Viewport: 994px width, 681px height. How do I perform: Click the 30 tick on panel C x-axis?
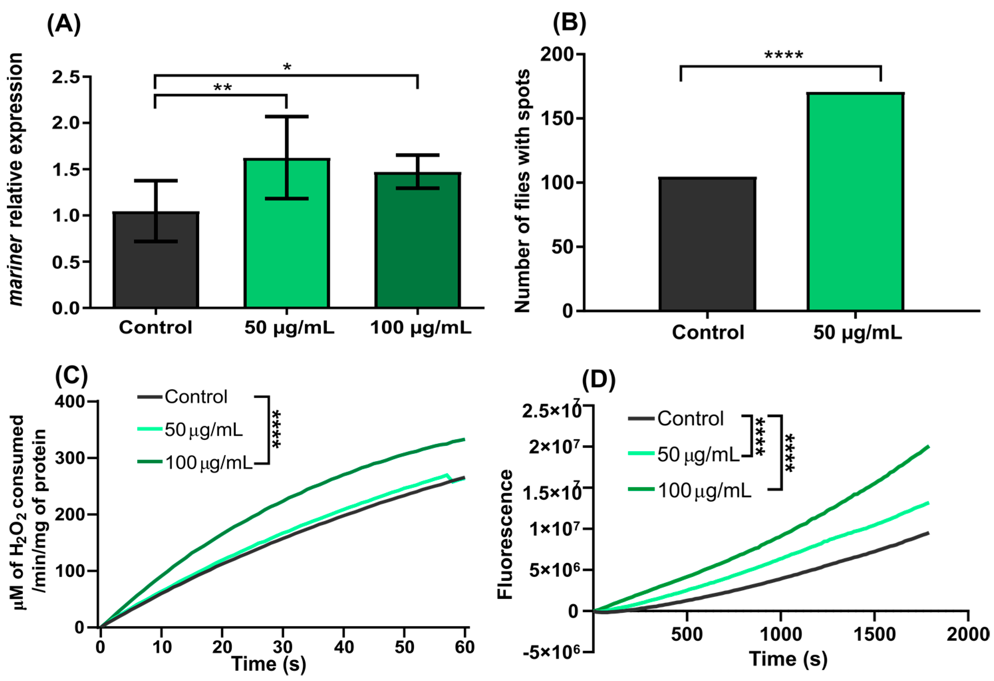(x=283, y=647)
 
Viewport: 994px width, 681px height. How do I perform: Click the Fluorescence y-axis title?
(x=506, y=534)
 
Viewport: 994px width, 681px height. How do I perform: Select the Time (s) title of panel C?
(x=269, y=664)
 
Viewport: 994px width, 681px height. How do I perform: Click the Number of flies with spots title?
(x=523, y=190)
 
